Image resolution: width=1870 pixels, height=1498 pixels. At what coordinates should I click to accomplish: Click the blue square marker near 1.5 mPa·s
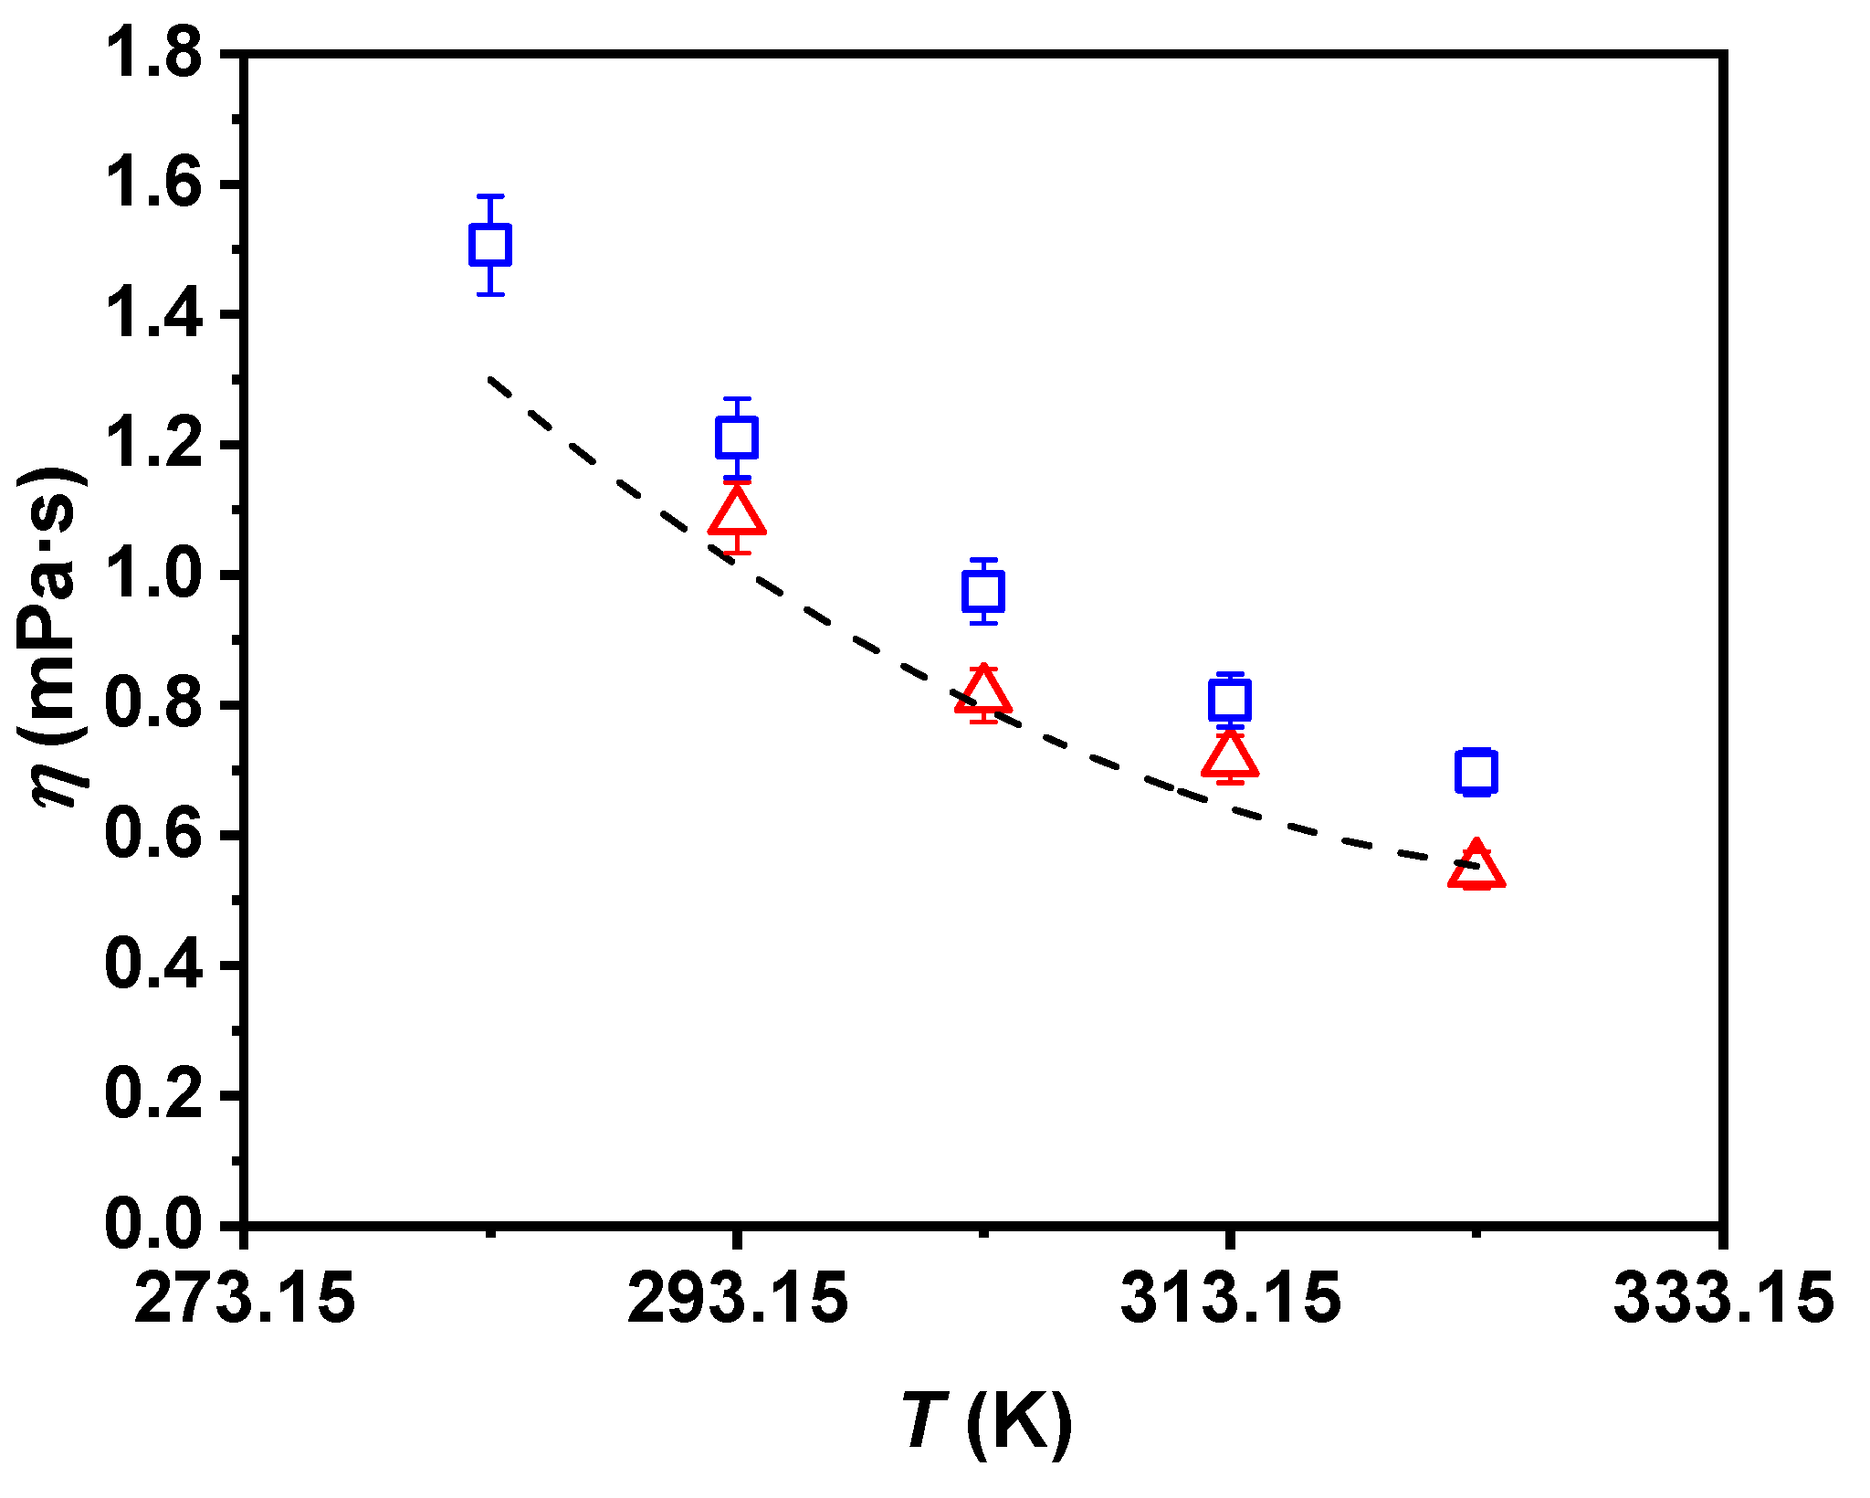tap(490, 245)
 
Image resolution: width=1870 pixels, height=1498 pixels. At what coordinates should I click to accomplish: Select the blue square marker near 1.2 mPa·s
tap(737, 438)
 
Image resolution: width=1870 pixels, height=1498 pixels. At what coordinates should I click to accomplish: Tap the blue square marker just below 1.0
tap(983, 592)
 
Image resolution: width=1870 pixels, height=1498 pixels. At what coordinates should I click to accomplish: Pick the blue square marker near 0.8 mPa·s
tap(1230, 701)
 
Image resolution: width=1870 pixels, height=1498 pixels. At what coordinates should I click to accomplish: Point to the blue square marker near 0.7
tap(1476, 772)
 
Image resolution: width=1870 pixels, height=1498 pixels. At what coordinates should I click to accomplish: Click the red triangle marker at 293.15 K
tap(737, 513)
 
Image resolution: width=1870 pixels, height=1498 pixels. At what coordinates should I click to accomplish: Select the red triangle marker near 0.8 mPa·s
tap(983, 692)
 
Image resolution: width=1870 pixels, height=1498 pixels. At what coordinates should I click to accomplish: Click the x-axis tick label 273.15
tap(244, 1298)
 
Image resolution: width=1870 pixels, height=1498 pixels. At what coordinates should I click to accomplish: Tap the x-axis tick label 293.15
tap(737, 1298)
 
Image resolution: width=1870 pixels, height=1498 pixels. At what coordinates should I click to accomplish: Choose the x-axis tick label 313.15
tap(1230, 1298)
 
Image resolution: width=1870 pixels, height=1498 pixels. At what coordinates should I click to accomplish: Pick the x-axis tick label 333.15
tap(1723, 1298)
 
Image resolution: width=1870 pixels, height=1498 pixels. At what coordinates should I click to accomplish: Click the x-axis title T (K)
tap(986, 1422)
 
